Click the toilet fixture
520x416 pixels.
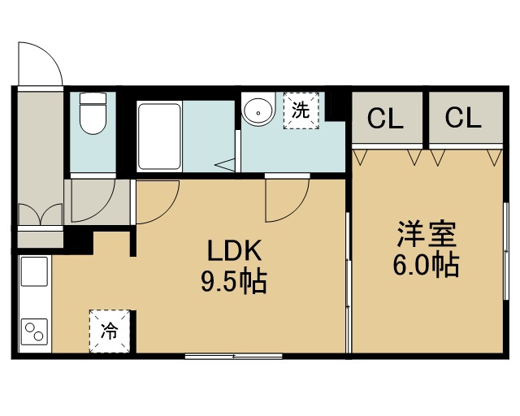point(93,113)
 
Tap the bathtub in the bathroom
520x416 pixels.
point(159,136)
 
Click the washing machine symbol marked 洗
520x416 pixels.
point(301,110)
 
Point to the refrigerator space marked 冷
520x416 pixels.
point(110,331)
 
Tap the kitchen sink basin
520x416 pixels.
point(34,271)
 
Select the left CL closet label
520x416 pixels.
point(385,119)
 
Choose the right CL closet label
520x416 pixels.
point(463,118)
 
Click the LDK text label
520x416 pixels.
point(235,251)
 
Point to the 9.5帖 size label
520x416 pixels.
point(234,282)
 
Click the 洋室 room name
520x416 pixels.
point(427,234)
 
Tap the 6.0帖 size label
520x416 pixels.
point(426,266)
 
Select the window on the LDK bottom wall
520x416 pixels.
point(233,357)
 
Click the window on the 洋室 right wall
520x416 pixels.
point(506,251)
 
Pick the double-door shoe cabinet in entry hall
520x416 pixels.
point(40,214)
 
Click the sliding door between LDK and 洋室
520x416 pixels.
point(348,283)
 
